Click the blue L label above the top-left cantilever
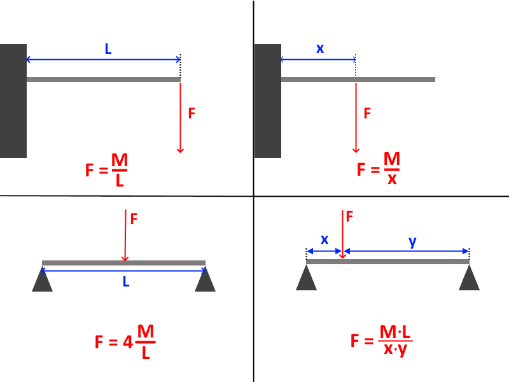click(108, 49)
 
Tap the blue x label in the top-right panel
click(320, 48)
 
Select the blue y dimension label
click(412, 242)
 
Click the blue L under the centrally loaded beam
click(126, 281)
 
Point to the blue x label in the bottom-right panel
click(324, 240)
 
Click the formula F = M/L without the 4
click(106, 170)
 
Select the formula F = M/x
click(379, 169)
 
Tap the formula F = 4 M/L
click(125, 342)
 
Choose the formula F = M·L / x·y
click(381, 341)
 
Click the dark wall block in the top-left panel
click(13, 101)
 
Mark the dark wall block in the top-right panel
click(268, 101)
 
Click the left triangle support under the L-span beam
click(42, 279)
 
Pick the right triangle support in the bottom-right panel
click(469, 278)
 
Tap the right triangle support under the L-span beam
click(205, 279)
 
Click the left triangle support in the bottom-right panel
click(307, 278)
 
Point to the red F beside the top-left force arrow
click(192, 113)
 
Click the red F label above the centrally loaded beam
click(134, 219)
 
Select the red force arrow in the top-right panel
click(356, 118)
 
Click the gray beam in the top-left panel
click(104, 80)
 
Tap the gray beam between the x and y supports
click(387, 262)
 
